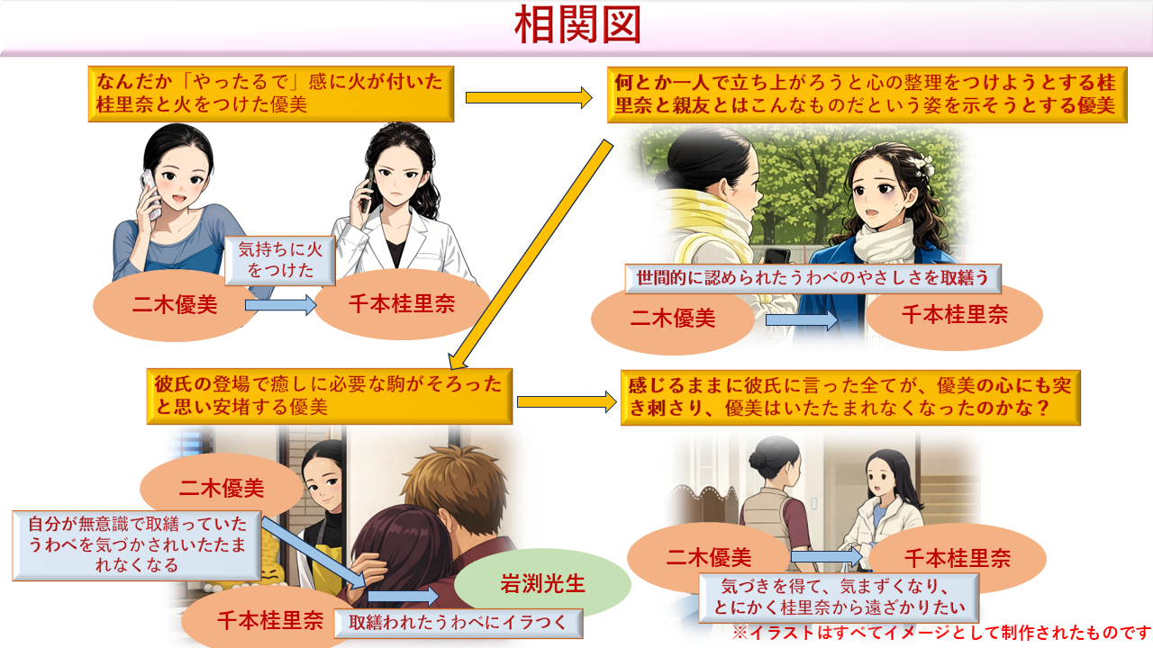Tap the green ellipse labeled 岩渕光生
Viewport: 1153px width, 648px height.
tap(542, 583)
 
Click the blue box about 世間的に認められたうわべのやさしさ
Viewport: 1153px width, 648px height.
tap(813, 278)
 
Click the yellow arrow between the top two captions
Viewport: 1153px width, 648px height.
tap(528, 96)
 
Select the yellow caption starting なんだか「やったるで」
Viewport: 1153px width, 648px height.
tap(270, 93)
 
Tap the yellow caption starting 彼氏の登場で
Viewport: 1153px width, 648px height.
tap(329, 396)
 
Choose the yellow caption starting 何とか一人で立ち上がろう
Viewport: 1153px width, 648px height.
tap(865, 94)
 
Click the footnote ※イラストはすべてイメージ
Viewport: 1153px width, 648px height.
tap(941, 632)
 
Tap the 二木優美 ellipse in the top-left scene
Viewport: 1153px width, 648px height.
tap(169, 305)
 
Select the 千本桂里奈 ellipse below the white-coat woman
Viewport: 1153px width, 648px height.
tap(402, 303)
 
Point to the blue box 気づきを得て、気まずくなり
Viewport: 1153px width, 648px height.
tap(838, 597)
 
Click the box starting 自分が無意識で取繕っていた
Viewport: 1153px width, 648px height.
tap(137, 544)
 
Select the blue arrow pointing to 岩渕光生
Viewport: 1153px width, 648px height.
tap(402, 597)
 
